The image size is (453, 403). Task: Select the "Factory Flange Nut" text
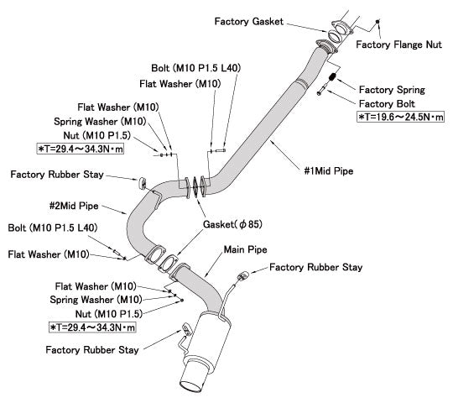point(398,44)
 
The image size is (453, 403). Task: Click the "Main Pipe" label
point(246,250)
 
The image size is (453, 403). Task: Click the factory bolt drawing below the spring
point(321,92)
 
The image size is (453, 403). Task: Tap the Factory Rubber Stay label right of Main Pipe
point(315,268)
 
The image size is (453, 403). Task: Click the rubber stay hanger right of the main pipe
point(242,277)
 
